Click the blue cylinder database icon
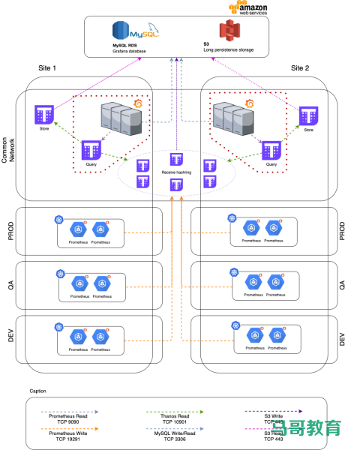click(120, 30)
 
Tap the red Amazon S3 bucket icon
click(229, 30)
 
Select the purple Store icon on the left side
click(44, 115)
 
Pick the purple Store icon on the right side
click(308, 115)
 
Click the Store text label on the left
click(44, 129)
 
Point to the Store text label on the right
click(308, 130)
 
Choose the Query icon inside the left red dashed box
click(91, 149)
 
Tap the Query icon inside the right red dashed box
click(271, 150)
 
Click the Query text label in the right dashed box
click(271, 164)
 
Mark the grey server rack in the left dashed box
click(121, 118)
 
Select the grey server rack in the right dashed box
click(232, 118)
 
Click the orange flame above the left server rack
click(138, 103)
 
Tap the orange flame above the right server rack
click(249, 103)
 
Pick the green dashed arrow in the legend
click(174, 412)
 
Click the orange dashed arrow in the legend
click(69, 428)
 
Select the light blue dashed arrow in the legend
click(174, 428)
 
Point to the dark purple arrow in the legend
click(273, 411)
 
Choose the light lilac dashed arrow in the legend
click(69, 412)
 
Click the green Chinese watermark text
click(306, 427)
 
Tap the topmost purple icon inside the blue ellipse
click(176, 159)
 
